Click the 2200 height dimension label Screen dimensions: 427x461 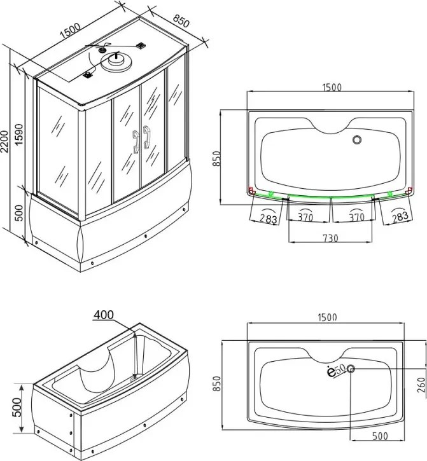(x=4, y=141)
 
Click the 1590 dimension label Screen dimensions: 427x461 (x=18, y=135)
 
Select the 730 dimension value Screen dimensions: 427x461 (x=330, y=238)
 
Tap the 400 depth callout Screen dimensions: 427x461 (x=104, y=315)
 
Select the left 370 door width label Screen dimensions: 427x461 (x=305, y=217)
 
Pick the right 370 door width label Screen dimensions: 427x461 (x=356, y=217)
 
